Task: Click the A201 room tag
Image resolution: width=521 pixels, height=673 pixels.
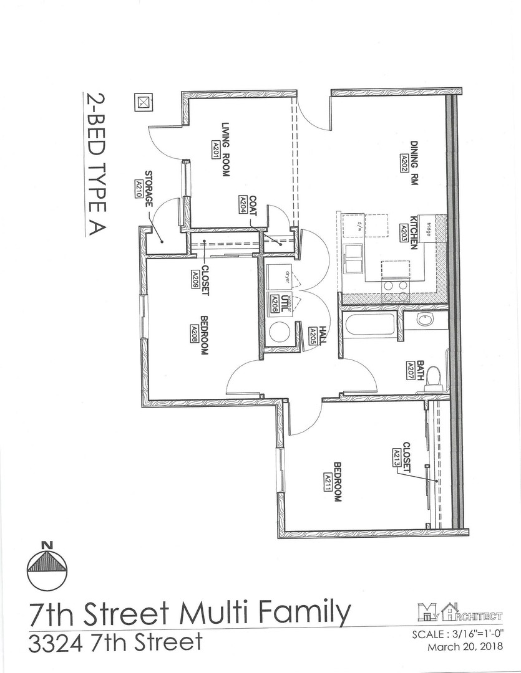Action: (215, 149)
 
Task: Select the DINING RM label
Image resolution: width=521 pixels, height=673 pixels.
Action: (414, 150)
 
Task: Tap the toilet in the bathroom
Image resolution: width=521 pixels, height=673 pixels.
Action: (434, 376)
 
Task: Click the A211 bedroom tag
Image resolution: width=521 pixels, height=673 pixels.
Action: (328, 482)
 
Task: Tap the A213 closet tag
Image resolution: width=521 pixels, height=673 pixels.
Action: (396, 457)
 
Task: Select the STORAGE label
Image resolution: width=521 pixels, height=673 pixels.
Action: (149, 189)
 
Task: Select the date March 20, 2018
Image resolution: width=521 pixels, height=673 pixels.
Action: (465, 647)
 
